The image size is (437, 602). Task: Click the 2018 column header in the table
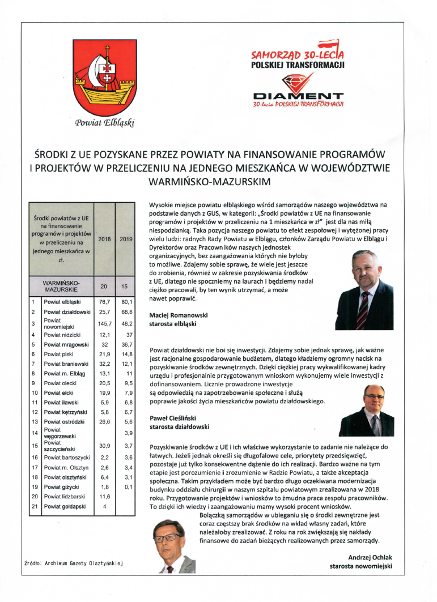point(104,239)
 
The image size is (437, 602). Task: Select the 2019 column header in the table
point(126,239)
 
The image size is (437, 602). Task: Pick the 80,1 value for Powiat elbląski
point(126,302)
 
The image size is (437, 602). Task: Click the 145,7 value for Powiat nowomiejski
point(104,323)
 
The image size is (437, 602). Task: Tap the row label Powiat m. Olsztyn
point(63,468)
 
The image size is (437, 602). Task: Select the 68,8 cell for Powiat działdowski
point(126,312)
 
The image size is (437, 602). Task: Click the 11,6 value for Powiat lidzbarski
point(104,496)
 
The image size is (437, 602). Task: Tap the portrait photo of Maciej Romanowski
point(364,290)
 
